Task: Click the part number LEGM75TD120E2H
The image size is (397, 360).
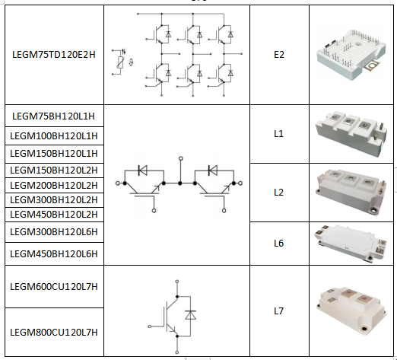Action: click(54, 55)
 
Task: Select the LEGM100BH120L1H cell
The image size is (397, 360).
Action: click(54, 136)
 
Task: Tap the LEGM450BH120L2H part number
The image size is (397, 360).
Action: click(54, 215)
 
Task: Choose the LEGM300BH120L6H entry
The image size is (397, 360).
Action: click(54, 232)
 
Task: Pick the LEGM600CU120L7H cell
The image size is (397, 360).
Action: click(54, 287)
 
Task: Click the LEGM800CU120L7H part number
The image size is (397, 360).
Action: click(54, 333)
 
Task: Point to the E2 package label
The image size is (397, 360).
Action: click(279, 55)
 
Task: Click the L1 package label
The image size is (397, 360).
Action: click(278, 134)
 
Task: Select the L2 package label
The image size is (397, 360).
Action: click(278, 193)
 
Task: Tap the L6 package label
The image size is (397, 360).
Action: click(278, 244)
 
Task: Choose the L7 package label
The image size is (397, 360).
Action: click(278, 311)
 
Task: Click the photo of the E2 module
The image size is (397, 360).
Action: click(351, 55)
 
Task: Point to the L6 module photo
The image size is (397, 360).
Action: click(351, 243)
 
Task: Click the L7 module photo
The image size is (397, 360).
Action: click(351, 311)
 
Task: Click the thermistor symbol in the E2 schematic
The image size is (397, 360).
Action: click(120, 62)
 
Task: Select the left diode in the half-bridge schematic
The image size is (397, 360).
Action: click(143, 170)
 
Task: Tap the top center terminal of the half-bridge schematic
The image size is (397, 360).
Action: click(180, 158)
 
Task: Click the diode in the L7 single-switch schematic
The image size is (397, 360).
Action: click(190, 315)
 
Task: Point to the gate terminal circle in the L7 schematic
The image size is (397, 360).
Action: click(150, 327)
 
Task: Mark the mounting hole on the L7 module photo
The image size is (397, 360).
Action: click(364, 329)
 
